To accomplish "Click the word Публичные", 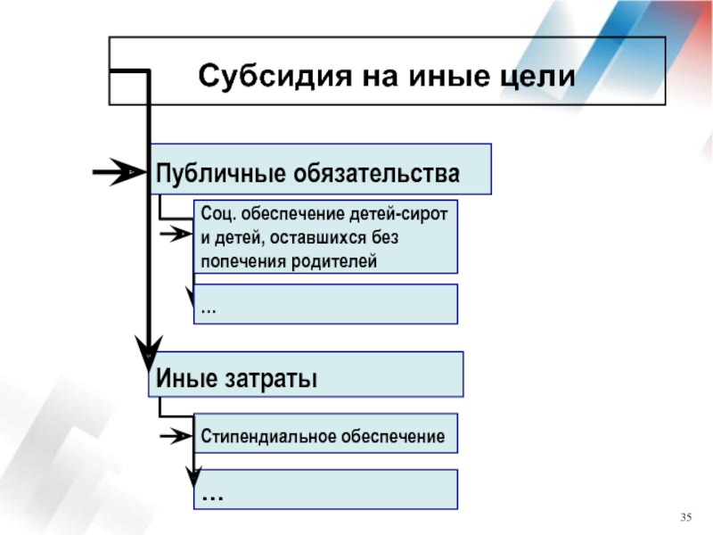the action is point(220,173).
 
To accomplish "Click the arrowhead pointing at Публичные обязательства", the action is point(128,172).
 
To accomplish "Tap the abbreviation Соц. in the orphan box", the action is point(218,213).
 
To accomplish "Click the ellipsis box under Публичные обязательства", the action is point(325,304).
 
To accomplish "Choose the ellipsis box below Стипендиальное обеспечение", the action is point(325,489).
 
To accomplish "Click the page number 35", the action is point(686,517).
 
